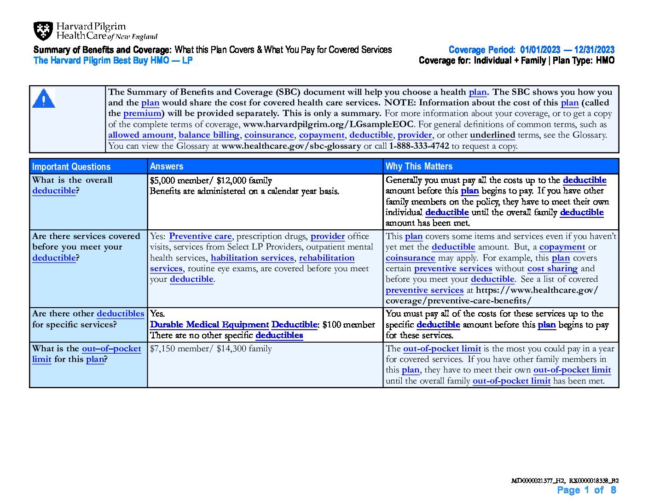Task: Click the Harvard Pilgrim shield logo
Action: point(43,31)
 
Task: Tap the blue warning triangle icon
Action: point(44,98)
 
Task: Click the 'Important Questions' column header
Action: point(71,167)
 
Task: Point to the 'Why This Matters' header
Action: point(419,166)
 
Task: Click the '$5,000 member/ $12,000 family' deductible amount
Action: point(211,181)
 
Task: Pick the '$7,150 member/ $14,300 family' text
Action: point(211,349)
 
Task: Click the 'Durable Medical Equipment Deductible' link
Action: point(234,325)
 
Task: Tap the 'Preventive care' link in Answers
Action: point(200,236)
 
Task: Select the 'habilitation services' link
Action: point(252,258)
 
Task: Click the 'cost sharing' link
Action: point(552,268)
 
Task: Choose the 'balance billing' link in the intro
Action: point(209,135)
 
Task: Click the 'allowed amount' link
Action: point(141,135)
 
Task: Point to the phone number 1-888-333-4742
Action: point(419,146)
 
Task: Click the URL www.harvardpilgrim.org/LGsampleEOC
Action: point(328,124)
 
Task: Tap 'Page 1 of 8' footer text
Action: point(586,490)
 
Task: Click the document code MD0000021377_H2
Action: point(538,481)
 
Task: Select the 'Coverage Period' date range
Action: point(567,50)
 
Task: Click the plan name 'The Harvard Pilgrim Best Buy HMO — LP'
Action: point(113,60)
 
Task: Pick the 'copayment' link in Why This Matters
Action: point(562,247)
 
